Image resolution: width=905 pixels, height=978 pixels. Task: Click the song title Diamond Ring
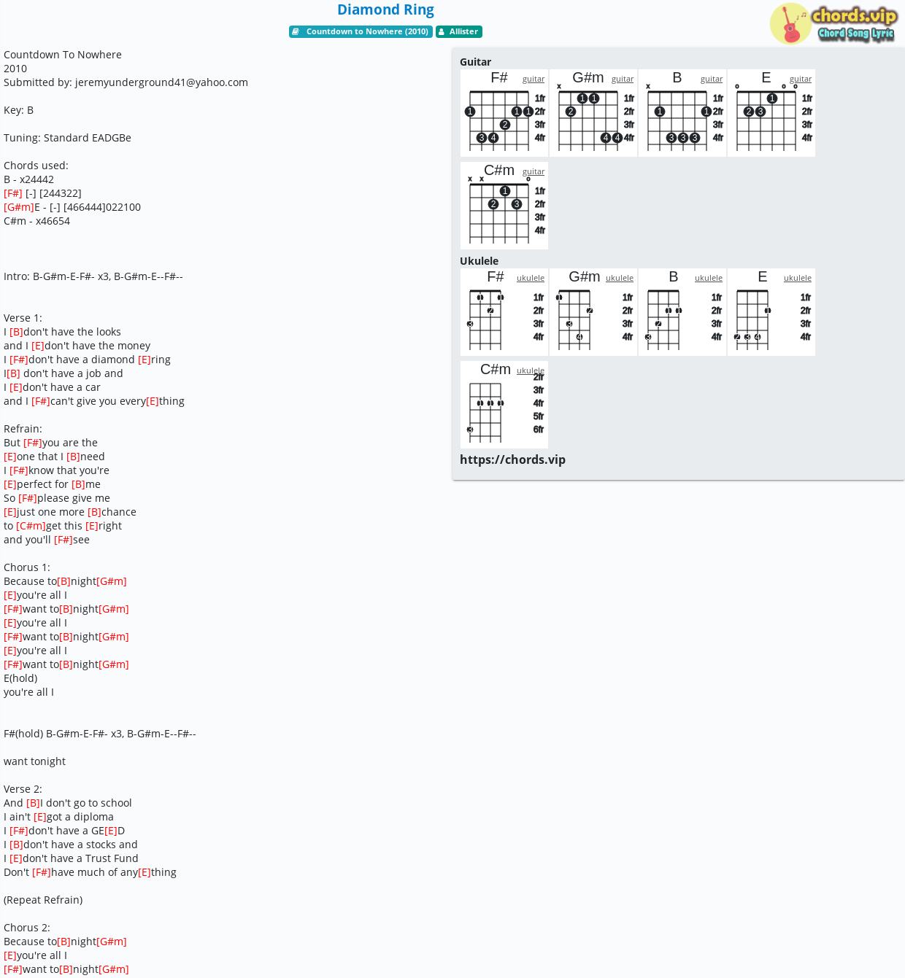coord(385,10)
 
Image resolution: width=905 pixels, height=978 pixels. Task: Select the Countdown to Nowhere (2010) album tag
coord(361,31)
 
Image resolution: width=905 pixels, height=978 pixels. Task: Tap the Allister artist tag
coord(459,31)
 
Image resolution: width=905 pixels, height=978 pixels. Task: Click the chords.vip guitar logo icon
coord(790,23)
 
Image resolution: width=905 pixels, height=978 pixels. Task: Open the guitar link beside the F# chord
coord(534,79)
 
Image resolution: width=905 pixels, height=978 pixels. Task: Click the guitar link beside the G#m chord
coord(623,79)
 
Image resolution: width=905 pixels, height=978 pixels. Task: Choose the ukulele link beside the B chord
coord(709,278)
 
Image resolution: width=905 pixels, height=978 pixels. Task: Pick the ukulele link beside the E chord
coord(798,278)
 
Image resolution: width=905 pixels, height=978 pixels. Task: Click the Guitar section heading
coord(476,62)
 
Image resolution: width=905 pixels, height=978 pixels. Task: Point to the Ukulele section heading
coord(479,261)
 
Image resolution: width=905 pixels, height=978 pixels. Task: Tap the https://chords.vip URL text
coord(512,459)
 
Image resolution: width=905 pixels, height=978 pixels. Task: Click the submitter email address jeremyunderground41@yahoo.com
coord(162,82)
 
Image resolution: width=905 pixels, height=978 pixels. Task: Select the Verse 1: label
coord(23,318)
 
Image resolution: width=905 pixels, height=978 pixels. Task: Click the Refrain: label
coord(23,428)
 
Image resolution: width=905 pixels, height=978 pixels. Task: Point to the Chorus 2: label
coord(26,927)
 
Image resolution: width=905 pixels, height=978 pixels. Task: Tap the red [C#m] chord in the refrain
coord(31,525)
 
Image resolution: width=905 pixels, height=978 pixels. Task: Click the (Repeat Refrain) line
coord(43,900)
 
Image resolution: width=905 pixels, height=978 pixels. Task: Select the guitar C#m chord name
coord(498,171)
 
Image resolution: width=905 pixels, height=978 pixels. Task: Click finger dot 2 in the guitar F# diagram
coord(505,125)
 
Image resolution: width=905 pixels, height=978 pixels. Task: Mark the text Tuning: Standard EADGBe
coord(67,138)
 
